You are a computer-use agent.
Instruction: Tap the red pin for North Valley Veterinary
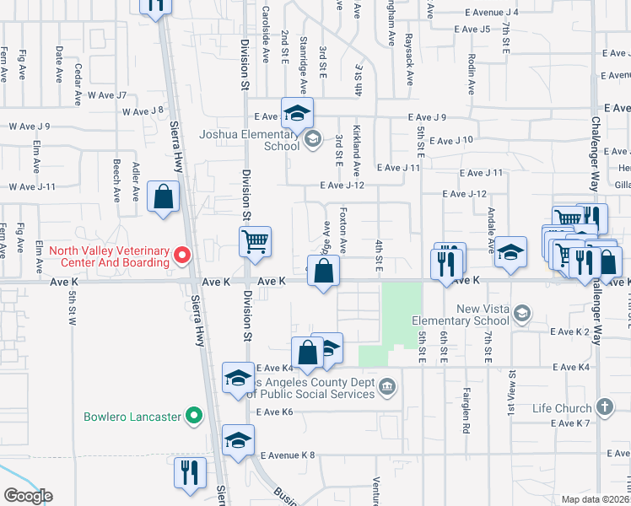[x=181, y=254]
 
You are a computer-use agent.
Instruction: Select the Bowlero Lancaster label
[x=132, y=417]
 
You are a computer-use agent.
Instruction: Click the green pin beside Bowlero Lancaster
[x=194, y=416]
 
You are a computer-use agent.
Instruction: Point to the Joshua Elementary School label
[x=249, y=139]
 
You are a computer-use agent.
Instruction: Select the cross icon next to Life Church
[x=604, y=407]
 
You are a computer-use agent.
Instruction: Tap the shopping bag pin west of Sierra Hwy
[x=163, y=197]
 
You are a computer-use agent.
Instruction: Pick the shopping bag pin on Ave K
[x=323, y=272]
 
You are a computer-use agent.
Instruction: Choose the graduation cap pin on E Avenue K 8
[x=239, y=440]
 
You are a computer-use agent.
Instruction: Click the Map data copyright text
[x=596, y=499]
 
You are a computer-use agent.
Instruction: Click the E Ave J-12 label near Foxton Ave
[x=341, y=186]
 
